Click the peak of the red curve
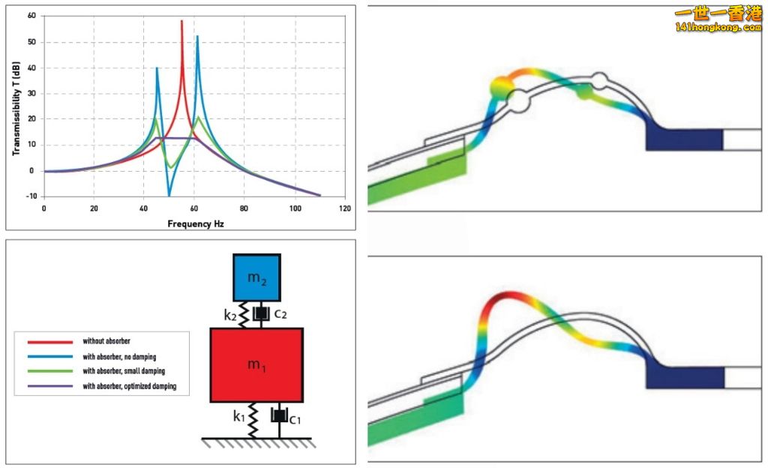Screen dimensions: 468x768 (x=181, y=21)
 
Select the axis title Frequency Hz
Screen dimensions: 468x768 (x=195, y=223)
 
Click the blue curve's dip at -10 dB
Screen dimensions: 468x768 (x=169, y=195)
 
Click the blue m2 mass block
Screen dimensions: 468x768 (x=256, y=278)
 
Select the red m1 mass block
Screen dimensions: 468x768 (x=256, y=364)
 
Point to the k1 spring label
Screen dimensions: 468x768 (x=238, y=415)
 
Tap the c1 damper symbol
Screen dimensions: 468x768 (x=279, y=414)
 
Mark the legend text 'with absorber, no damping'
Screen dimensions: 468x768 (x=124, y=356)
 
